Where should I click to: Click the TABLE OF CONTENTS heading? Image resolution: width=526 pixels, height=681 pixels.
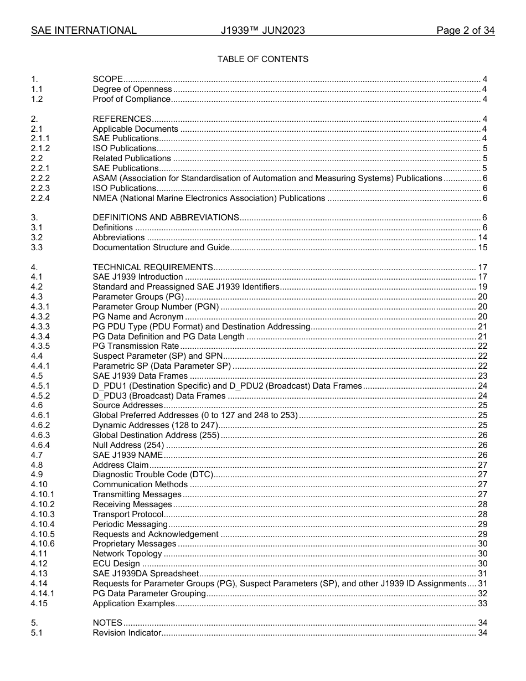click(x=262, y=59)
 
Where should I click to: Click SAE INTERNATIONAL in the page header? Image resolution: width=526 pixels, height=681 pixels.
click(x=84, y=30)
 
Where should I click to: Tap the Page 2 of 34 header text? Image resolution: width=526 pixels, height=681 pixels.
click(x=465, y=30)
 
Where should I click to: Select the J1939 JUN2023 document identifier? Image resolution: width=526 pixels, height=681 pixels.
click(x=262, y=30)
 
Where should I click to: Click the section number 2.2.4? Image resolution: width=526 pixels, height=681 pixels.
click(x=40, y=198)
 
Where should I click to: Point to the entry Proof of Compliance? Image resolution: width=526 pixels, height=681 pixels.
click(x=131, y=99)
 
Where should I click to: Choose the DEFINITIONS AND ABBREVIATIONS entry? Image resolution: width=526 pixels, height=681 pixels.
click(x=166, y=218)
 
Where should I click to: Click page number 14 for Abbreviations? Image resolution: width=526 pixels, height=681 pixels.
click(x=482, y=238)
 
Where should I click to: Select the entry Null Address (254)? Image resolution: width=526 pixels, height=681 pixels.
click(x=128, y=445)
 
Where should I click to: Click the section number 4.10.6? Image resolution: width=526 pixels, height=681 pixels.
click(x=43, y=544)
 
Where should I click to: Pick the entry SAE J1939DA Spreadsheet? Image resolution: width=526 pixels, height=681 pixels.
click(x=145, y=574)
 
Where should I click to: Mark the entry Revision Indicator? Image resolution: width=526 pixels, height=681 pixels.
click(x=127, y=633)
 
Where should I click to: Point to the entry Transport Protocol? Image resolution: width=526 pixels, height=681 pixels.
click(x=128, y=514)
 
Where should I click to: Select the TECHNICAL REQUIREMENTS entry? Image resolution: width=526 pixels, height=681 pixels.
click(x=152, y=267)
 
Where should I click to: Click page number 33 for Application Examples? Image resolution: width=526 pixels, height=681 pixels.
click(x=482, y=603)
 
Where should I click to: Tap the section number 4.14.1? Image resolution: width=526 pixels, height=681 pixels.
click(x=43, y=594)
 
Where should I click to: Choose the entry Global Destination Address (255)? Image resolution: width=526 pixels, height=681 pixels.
click(x=156, y=435)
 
